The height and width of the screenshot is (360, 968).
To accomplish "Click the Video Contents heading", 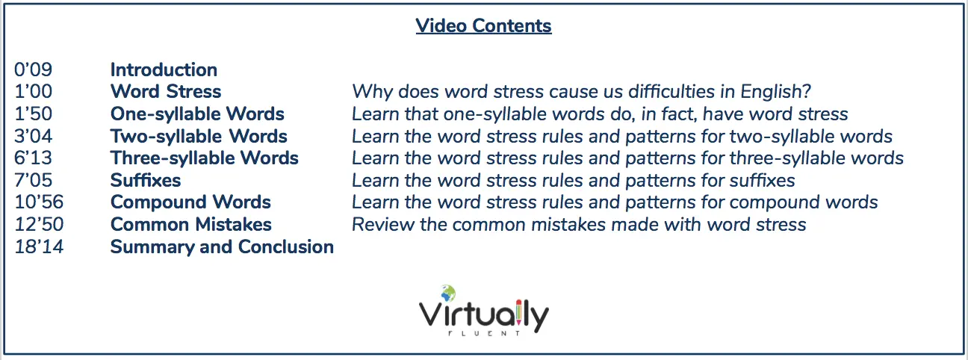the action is [x=483, y=26].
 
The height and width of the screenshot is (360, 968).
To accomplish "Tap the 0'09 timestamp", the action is [x=34, y=69].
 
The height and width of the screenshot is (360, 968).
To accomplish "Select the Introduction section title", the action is [x=164, y=69].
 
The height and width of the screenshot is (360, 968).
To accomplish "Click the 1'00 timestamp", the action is [x=34, y=92].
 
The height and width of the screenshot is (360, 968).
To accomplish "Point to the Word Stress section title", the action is [x=166, y=92].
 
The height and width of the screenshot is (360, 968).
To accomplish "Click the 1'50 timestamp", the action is [x=34, y=114].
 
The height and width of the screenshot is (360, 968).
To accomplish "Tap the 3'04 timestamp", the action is [x=34, y=136].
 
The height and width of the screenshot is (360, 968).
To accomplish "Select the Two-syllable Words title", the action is [x=199, y=137].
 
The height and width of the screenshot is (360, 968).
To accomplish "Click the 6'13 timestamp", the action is [x=34, y=158].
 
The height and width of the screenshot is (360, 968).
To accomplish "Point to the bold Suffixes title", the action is [x=146, y=180].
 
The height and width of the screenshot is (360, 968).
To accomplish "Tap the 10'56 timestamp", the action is [x=39, y=202].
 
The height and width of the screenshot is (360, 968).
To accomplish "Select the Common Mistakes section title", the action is [x=191, y=224].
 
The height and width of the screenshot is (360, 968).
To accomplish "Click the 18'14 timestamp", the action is [x=39, y=246].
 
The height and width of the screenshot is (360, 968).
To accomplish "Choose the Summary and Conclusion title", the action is [x=222, y=247].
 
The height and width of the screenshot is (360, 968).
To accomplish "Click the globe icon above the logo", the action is [x=448, y=294].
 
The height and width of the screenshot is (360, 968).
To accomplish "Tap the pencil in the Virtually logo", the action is [x=519, y=314].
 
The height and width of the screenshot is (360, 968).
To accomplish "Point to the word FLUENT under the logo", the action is [x=484, y=333].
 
